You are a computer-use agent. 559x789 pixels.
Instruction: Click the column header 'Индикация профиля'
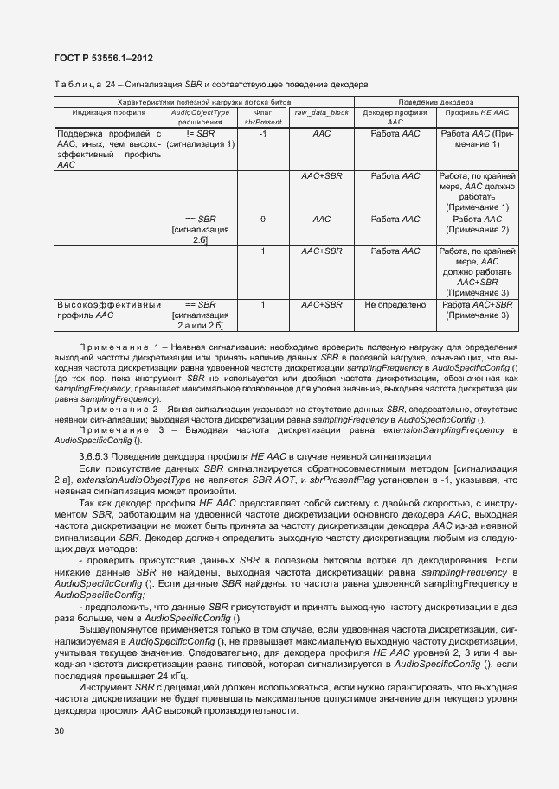(x=109, y=112)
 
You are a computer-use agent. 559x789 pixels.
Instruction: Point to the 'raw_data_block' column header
(x=321, y=112)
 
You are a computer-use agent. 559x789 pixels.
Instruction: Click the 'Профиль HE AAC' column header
(x=477, y=112)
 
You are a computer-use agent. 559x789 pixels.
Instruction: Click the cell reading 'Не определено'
(x=395, y=305)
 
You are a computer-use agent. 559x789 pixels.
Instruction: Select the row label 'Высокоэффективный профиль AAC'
(x=109, y=309)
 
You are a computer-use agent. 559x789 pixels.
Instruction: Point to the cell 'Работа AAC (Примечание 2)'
(x=477, y=225)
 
